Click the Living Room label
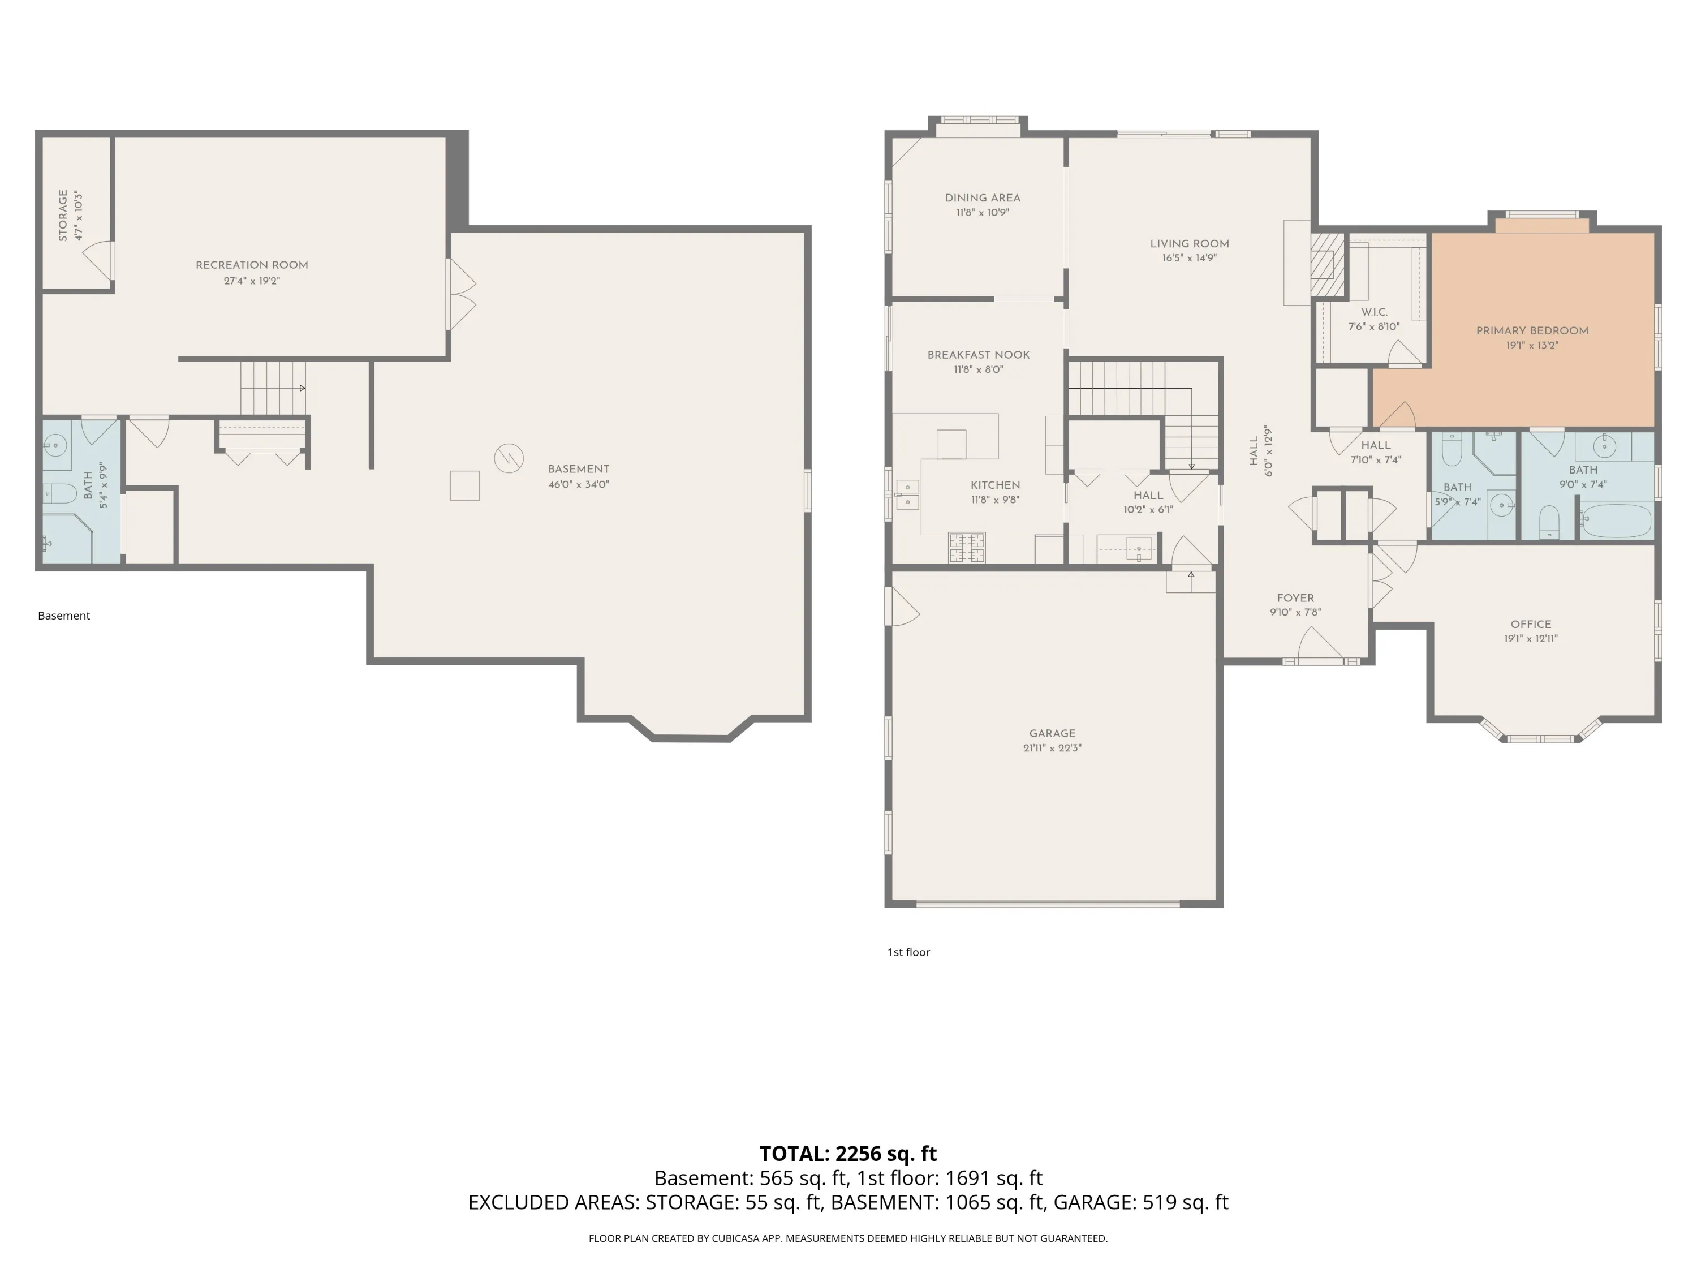pyautogui.click(x=1189, y=244)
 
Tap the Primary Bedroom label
pyautogui.click(x=1532, y=331)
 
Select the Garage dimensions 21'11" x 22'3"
pyautogui.click(x=1052, y=747)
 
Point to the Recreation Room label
pyautogui.click(x=252, y=265)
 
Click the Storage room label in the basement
pyautogui.click(x=63, y=216)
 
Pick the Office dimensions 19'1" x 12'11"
pyautogui.click(x=1531, y=638)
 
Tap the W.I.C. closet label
pyautogui.click(x=1374, y=312)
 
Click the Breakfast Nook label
pyautogui.click(x=978, y=355)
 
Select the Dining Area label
pyautogui.click(x=982, y=198)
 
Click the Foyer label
pyautogui.click(x=1295, y=598)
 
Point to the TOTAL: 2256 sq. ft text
pyautogui.click(x=848, y=1153)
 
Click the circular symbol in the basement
pyautogui.click(x=508, y=458)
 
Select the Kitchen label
pyautogui.click(x=995, y=485)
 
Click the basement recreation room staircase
pyautogui.click(x=273, y=388)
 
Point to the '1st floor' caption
pyautogui.click(x=908, y=952)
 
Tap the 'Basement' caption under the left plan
pyautogui.click(x=64, y=616)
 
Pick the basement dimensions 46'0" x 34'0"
pyautogui.click(x=579, y=484)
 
